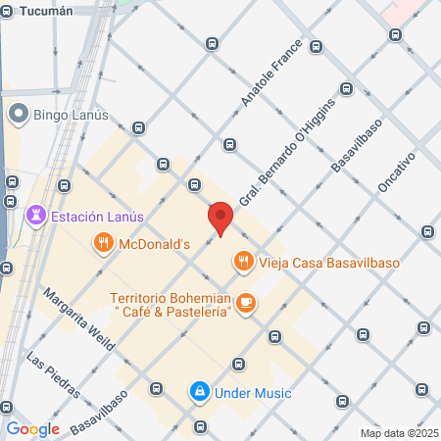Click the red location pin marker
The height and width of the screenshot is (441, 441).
(x=220, y=217)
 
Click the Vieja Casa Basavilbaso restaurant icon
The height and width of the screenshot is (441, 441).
(x=242, y=262)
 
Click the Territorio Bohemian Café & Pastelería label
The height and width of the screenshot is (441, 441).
(x=171, y=304)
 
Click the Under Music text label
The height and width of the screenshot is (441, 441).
(x=254, y=393)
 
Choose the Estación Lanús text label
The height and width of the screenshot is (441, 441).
(x=98, y=217)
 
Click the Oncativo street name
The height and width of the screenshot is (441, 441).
(x=397, y=175)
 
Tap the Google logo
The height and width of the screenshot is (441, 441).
(x=32, y=428)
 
